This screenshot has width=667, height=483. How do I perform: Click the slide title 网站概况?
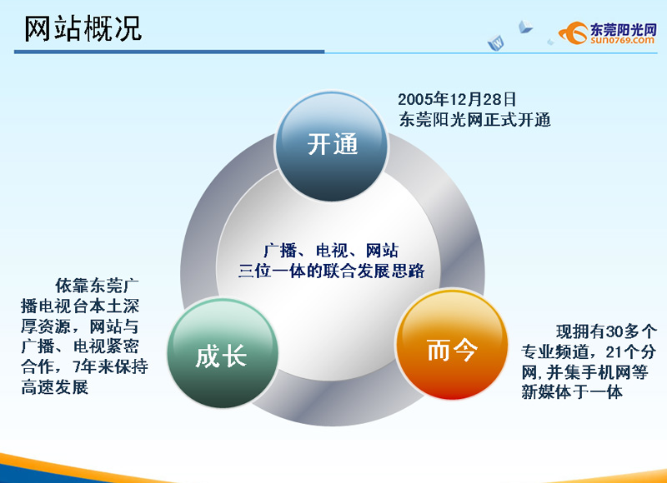click(83, 29)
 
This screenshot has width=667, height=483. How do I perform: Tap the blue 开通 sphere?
click(332, 146)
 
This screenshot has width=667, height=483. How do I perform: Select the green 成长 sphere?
click(223, 353)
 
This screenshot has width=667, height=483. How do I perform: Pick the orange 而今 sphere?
click(452, 344)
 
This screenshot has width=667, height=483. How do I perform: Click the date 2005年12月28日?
click(457, 100)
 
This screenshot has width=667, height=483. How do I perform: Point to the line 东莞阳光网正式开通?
click(474, 120)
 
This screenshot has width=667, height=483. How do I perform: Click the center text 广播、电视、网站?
click(331, 251)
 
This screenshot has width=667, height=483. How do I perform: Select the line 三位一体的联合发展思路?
click(331, 271)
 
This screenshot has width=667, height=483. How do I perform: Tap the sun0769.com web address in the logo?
click(622, 40)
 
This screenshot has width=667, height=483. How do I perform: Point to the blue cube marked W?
click(496, 43)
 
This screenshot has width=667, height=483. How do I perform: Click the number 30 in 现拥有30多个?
click(614, 331)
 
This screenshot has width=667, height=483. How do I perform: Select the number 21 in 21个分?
click(614, 351)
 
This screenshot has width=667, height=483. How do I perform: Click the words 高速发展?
click(55, 387)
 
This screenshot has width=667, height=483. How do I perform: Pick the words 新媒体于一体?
click(572, 392)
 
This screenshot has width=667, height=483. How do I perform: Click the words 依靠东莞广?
click(97, 286)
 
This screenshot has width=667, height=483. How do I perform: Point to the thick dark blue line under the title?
click(169, 52)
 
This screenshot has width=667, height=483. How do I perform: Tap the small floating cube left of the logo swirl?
click(525, 27)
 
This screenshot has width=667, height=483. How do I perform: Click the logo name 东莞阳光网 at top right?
click(624, 29)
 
